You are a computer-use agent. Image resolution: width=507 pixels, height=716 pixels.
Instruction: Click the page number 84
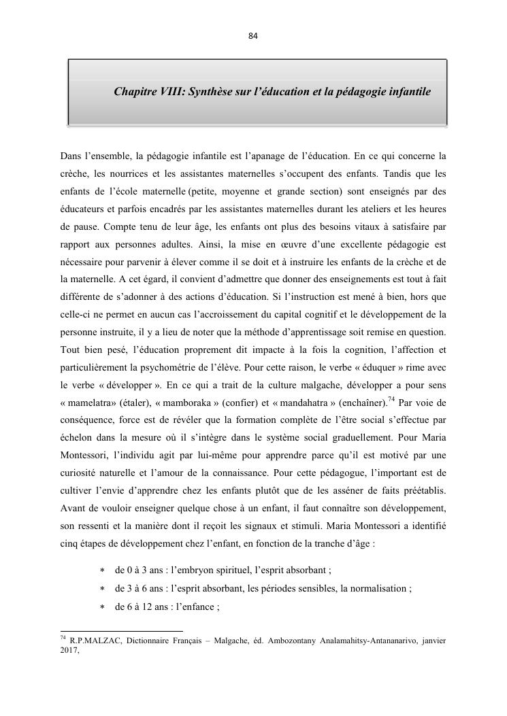(253, 35)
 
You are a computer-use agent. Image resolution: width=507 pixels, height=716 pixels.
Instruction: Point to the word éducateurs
(84, 209)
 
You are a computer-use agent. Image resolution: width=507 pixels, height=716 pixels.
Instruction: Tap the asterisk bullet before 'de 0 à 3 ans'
(103, 570)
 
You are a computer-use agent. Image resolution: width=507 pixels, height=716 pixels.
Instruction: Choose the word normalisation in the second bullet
(376, 588)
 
